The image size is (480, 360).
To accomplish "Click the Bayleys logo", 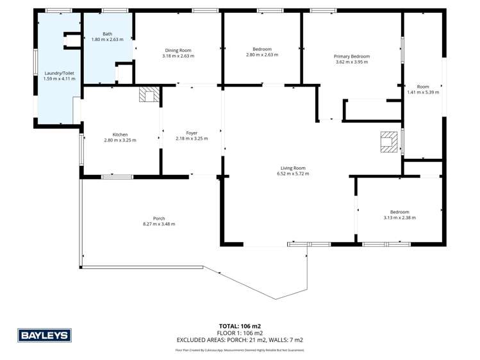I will point(44,335).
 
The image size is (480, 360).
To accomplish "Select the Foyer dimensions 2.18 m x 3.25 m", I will point(192,138).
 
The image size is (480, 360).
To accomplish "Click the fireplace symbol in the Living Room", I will point(388,142).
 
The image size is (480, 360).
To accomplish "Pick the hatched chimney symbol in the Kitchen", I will point(148,95).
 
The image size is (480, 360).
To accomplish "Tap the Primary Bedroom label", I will point(352,56).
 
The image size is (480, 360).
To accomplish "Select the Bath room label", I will point(106,34).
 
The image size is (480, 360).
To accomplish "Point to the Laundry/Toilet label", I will point(59,74).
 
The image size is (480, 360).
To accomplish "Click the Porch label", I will point(159,218).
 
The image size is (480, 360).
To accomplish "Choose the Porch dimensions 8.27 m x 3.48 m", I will point(159,224).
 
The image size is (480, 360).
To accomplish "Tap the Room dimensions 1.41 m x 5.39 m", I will point(423,92).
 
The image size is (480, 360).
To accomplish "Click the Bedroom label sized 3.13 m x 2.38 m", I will point(400,212).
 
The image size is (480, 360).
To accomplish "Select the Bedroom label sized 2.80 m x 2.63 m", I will point(262,49).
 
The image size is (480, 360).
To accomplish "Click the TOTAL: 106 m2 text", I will point(240,326).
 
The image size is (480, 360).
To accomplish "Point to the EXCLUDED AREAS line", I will point(240,340).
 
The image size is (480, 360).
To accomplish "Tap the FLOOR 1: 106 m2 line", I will point(240,333).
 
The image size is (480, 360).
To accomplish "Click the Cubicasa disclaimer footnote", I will point(240,350).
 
